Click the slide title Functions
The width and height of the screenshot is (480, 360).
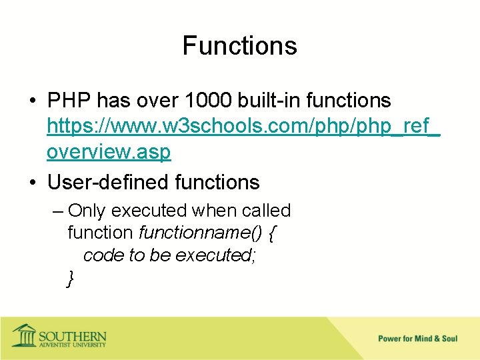pyautogui.click(x=239, y=46)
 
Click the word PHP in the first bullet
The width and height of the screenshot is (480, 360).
pyautogui.click(x=69, y=101)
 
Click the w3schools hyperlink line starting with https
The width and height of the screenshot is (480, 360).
pyautogui.click(x=243, y=127)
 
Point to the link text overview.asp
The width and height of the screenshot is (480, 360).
pyautogui.click(x=109, y=152)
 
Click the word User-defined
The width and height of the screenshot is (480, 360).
pyautogui.click(x=108, y=181)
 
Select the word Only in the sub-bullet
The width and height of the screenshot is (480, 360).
pyautogui.click(x=87, y=211)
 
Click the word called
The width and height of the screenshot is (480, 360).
pyautogui.click(x=266, y=211)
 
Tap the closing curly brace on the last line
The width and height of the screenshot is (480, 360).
pyautogui.click(x=71, y=278)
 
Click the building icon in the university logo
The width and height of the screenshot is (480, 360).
pyautogui.click(x=24, y=335)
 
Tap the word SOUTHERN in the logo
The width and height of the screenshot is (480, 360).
pyautogui.click(x=73, y=335)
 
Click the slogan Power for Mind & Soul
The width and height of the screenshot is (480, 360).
pyautogui.click(x=417, y=339)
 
